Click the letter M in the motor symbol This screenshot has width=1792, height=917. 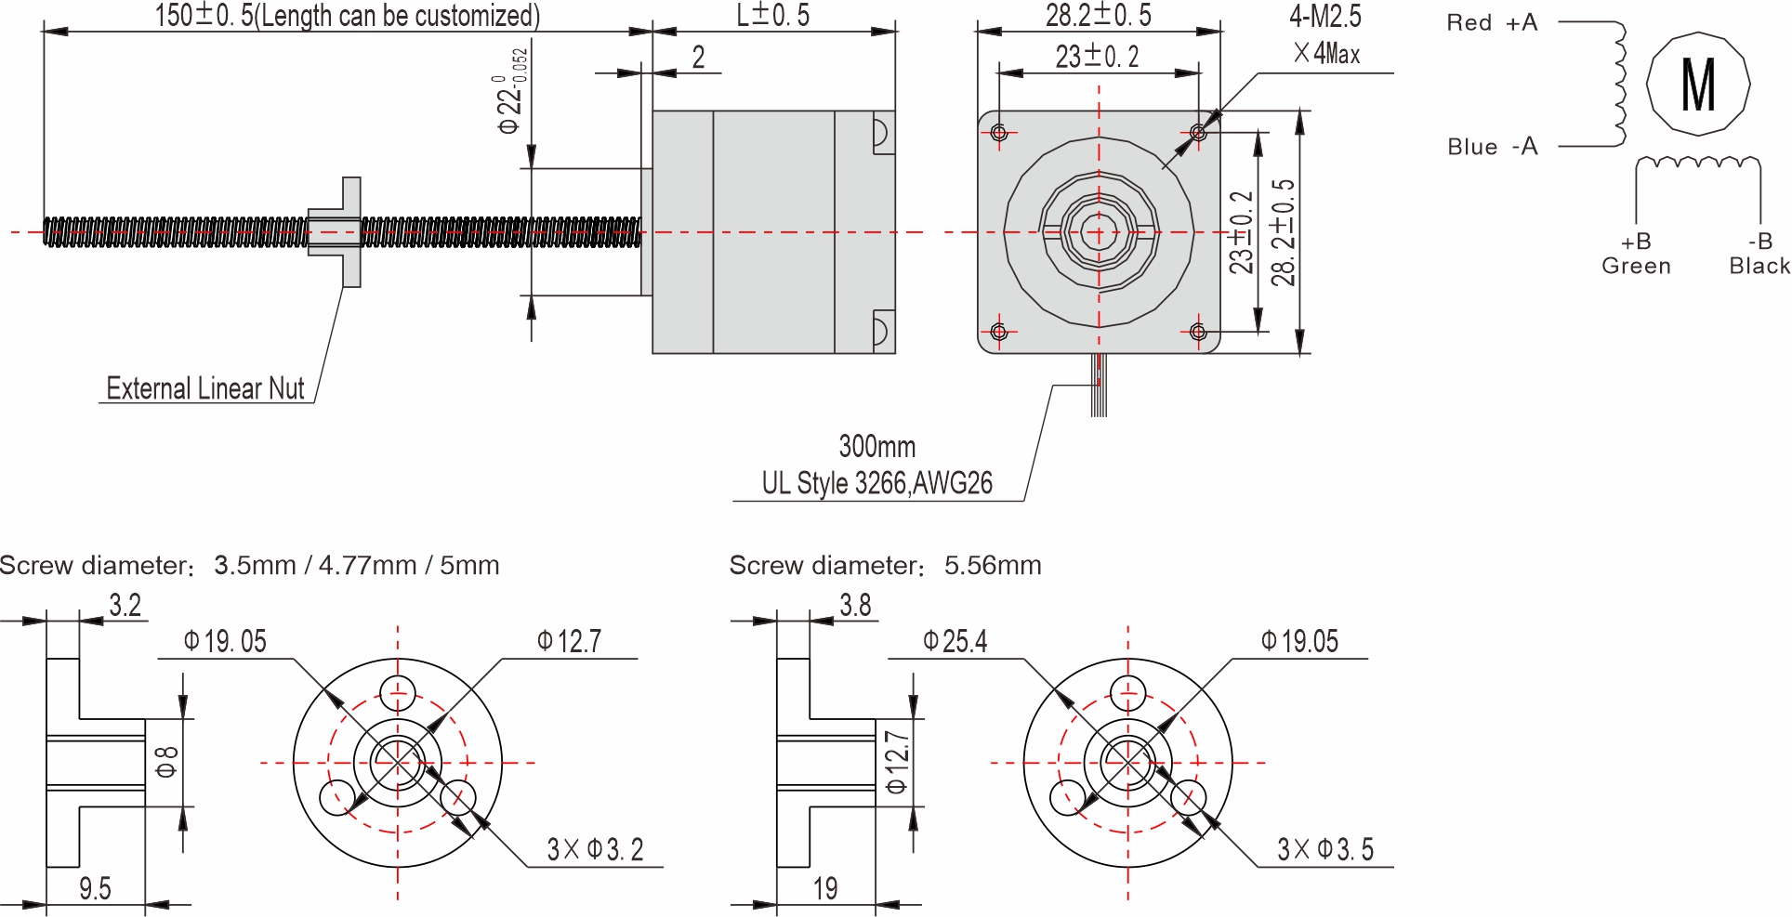tap(1698, 85)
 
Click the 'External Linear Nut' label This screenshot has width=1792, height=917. tap(204, 388)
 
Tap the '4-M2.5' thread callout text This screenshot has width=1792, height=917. tap(1324, 17)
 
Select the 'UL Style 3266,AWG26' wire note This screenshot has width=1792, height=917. tap(876, 483)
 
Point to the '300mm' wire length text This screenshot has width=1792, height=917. tap(876, 447)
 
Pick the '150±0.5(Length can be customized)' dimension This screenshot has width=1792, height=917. tap(346, 16)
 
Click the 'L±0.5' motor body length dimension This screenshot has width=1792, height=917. tap(772, 16)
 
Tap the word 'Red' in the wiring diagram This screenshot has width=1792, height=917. tap(1469, 23)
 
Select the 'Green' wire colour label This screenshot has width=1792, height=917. tap(1636, 267)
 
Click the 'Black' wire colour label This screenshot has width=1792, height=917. tap(1759, 267)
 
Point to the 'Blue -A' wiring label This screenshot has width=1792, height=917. tap(1492, 147)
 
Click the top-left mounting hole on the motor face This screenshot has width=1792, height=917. tap(999, 133)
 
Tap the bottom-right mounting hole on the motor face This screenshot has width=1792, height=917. tap(1198, 332)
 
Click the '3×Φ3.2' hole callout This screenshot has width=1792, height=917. tap(595, 849)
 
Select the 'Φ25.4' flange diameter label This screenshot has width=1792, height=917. tap(955, 642)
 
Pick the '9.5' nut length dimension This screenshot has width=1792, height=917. tap(95, 889)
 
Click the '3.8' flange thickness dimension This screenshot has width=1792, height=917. tap(855, 606)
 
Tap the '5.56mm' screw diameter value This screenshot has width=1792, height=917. tap(992, 566)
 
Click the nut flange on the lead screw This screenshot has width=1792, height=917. tap(351, 232)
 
